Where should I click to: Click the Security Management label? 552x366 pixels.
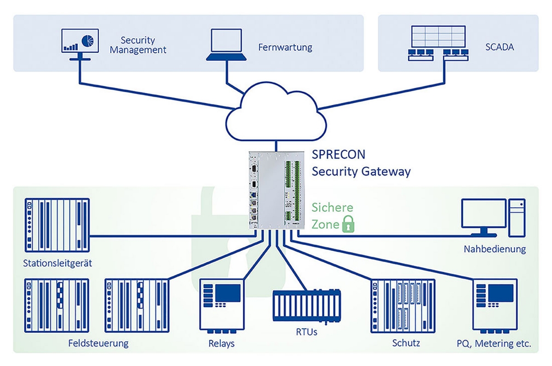(138, 45)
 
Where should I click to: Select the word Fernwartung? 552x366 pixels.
(285, 47)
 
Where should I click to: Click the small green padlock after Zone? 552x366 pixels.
(348, 225)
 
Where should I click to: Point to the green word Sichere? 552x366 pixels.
(333, 207)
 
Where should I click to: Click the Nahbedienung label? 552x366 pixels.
(494, 250)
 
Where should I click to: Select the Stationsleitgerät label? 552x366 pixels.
(57, 264)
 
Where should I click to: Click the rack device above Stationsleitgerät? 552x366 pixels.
(57, 226)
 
